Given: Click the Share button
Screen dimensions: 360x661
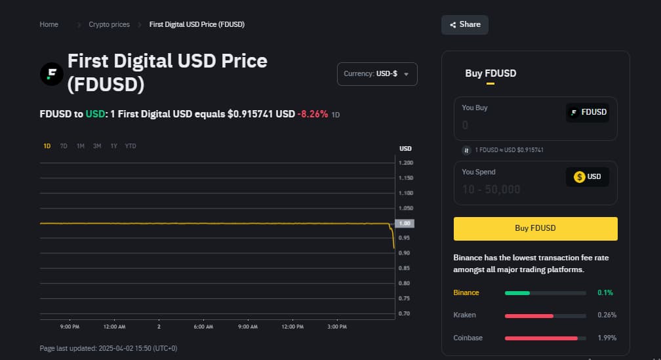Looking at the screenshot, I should (x=465, y=24).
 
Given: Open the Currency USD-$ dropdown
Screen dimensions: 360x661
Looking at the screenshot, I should (x=377, y=74).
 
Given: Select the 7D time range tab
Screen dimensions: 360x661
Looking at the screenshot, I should (x=64, y=146).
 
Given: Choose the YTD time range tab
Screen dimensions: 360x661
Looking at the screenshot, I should (x=130, y=146).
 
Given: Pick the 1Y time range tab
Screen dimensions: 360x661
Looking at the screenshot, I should (x=114, y=146).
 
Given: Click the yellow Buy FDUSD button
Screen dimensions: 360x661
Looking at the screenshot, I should (x=535, y=228).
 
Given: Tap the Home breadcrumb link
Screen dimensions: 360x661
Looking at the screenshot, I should (x=49, y=24).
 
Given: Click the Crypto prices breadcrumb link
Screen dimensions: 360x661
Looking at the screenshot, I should (x=109, y=24).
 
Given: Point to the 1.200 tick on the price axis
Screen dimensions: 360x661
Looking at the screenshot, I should (x=405, y=163).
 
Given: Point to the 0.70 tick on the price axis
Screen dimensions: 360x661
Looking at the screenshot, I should (x=405, y=313).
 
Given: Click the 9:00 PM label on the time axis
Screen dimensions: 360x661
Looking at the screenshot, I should (x=70, y=327).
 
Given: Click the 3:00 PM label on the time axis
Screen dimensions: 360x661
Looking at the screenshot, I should (x=337, y=327).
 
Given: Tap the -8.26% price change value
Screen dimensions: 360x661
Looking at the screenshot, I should (x=313, y=114).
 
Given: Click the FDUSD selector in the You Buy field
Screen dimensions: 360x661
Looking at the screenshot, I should (x=588, y=112).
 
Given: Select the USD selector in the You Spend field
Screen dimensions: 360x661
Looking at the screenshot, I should (x=588, y=176).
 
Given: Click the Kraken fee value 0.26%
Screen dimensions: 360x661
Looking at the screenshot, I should (x=607, y=315).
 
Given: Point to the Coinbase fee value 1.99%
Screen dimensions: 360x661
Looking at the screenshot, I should (x=607, y=338).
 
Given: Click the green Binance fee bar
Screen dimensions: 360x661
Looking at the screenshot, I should (x=517, y=292).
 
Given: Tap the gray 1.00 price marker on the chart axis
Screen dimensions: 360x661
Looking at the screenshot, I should (x=405, y=224).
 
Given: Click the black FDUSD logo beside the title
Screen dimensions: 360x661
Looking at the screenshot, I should (x=51, y=73).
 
